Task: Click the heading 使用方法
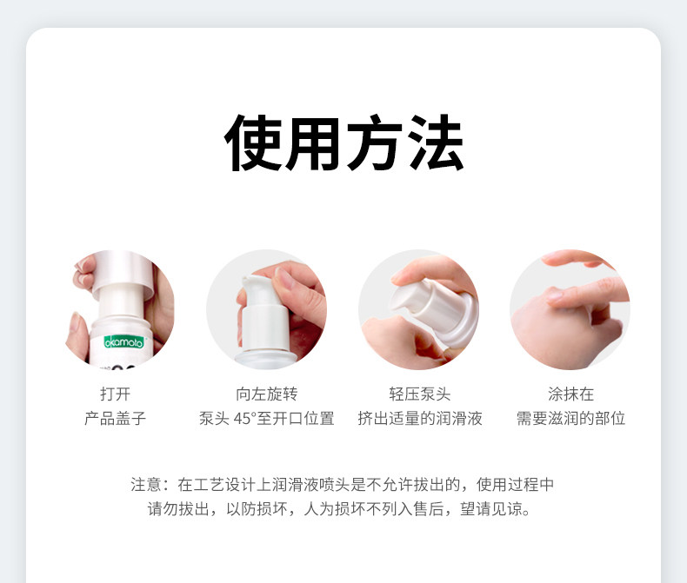(x=343, y=142)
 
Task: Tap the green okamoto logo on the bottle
(x=124, y=341)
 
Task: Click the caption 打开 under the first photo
(x=116, y=394)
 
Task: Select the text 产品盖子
(x=116, y=419)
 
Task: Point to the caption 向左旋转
(x=266, y=394)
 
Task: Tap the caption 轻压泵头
(x=420, y=394)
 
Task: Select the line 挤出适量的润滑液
(x=420, y=419)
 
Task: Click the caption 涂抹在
(x=570, y=394)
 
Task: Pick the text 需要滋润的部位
(x=570, y=419)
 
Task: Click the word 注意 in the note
(x=146, y=485)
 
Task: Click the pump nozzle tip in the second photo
(x=244, y=280)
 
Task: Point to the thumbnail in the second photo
(x=284, y=279)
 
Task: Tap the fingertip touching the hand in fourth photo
(x=554, y=296)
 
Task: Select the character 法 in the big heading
(x=436, y=142)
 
